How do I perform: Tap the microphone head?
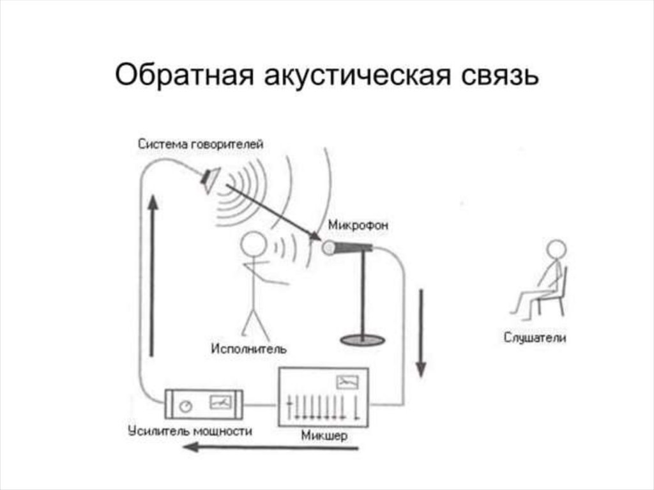(x=330, y=247)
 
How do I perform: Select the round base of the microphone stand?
(x=362, y=339)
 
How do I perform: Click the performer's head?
(x=254, y=245)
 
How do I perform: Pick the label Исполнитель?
(x=248, y=349)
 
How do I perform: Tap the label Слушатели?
(x=535, y=338)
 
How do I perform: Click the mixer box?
(x=324, y=397)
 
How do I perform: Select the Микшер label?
(x=324, y=437)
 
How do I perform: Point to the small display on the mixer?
(x=347, y=382)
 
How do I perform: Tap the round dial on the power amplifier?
(x=186, y=406)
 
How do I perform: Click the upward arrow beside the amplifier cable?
(x=151, y=275)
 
